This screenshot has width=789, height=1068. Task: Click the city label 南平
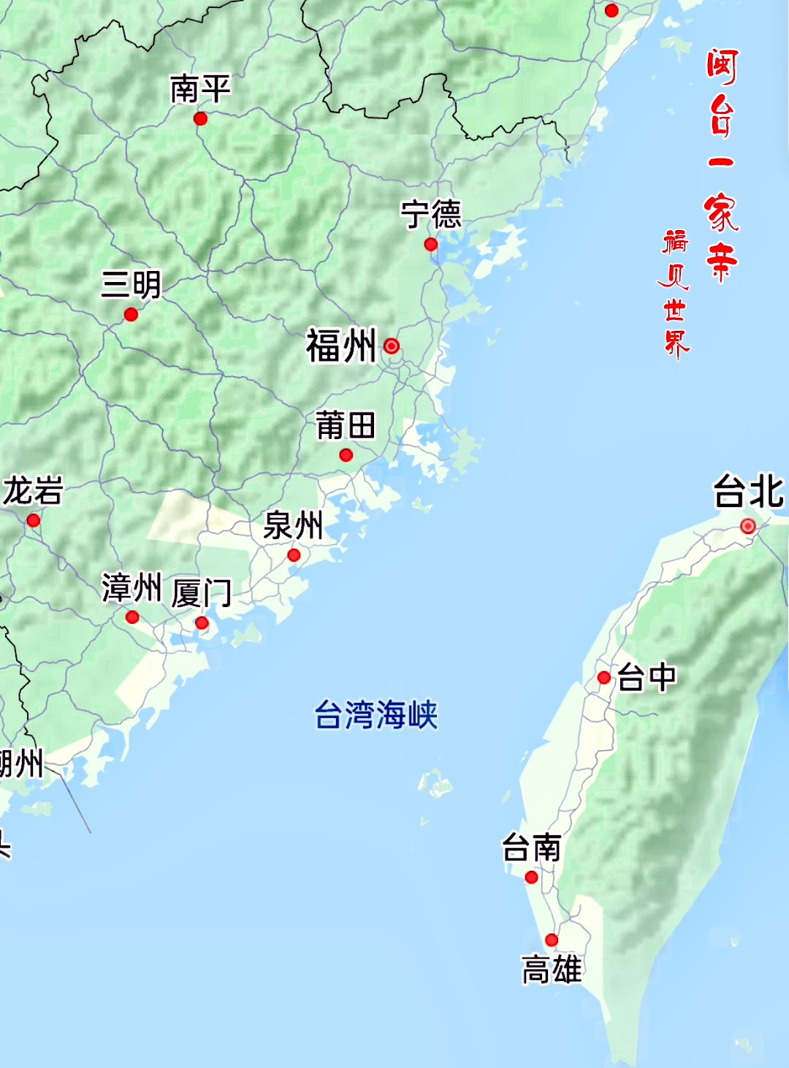[200, 89]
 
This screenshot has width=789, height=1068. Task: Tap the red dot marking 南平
[200, 118]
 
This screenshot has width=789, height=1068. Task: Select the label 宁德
[431, 215]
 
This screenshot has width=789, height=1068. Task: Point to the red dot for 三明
[131, 315]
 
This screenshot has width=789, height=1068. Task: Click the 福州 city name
[341, 346]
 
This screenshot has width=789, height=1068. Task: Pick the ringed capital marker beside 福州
[392, 346]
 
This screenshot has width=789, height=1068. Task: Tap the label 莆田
[346, 426]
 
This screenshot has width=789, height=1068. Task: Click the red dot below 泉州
[294, 555]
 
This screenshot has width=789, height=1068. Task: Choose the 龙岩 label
[33, 491]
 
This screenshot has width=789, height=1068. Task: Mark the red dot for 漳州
[132, 617]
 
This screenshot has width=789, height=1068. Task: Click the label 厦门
[202, 592]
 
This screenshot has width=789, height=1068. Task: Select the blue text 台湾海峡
[376, 715]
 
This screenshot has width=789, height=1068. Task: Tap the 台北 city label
[749, 492]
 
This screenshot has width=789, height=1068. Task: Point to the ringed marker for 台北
[747, 526]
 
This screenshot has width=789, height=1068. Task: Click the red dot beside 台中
[604, 678]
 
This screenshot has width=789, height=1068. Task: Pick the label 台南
[531, 849]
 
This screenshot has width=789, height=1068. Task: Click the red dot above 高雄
[552, 940]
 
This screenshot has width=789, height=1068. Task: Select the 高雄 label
[552, 971]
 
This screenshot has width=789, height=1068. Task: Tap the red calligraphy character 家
[721, 213]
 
